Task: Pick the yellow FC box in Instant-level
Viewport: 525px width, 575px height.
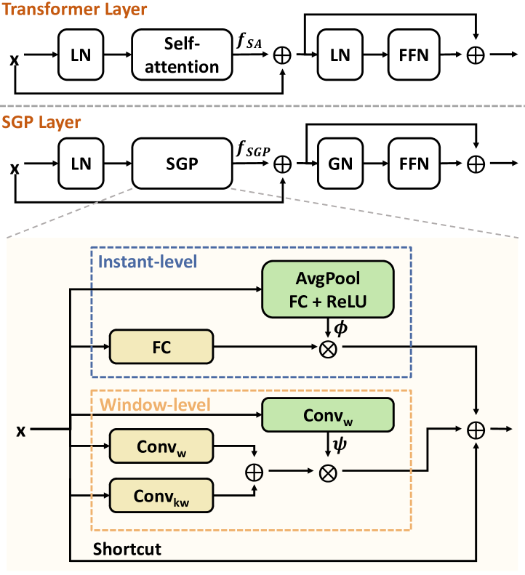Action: pyautogui.click(x=161, y=347)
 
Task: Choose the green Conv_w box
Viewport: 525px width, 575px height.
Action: pyautogui.click(x=327, y=417)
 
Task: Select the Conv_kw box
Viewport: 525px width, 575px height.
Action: pyautogui.click(x=161, y=496)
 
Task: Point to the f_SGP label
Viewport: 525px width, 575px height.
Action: pyautogui.click(x=252, y=152)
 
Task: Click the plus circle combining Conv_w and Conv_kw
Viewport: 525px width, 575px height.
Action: pyautogui.click(x=254, y=470)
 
